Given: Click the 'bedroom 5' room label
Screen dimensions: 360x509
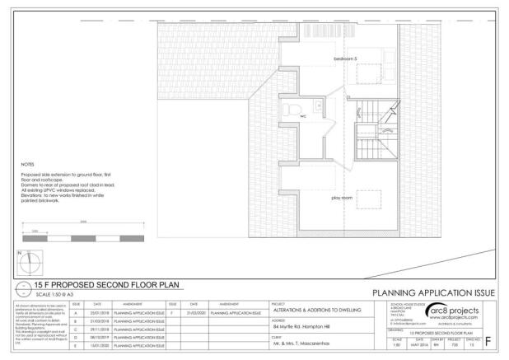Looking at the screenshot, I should click(344, 59).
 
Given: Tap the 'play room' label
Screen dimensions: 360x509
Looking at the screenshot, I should click(342, 198).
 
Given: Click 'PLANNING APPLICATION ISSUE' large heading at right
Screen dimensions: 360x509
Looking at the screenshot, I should click(433, 293).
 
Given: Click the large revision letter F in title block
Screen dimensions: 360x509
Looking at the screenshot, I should click(493, 339).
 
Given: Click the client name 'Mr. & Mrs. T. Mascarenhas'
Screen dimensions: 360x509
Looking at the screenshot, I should click(306, 346).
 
